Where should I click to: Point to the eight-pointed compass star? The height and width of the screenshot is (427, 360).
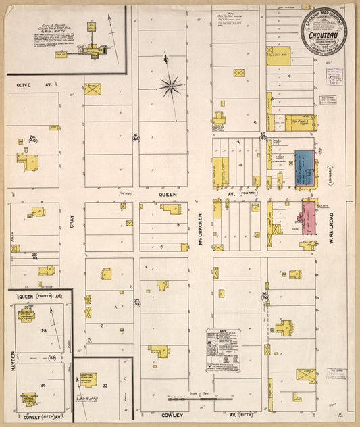[x=170, y=85]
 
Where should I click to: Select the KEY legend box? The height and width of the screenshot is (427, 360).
[x=224, y=350]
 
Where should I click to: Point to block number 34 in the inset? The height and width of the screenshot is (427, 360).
[x=42, y=385]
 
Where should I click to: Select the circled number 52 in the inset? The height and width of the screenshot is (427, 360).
[x=52, y=357]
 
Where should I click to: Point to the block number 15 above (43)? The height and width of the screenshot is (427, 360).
[x=263, y=134]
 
